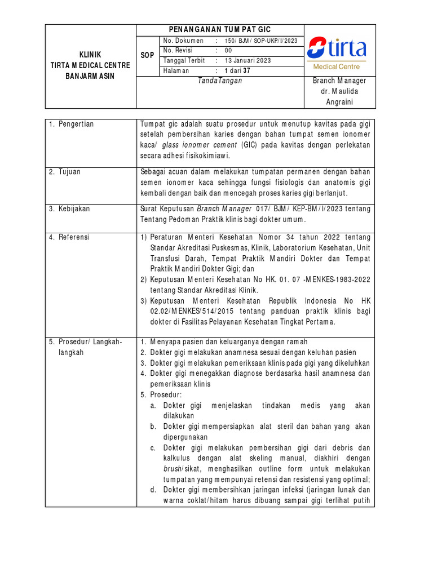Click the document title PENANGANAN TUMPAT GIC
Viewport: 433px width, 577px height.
click(220, 30)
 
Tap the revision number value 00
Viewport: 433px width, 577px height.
click(228, 51)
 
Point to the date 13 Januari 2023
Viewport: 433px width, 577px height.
click(248, 60)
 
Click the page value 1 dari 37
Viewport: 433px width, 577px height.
click(237, 70)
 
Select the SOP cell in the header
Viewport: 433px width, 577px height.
click(147, 55)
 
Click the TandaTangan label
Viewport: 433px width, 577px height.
click(220, 81)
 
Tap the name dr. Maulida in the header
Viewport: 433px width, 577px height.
click(339, 91)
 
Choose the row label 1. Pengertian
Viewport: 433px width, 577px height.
click(71, 124)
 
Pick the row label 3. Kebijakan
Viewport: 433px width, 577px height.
click(70, 209)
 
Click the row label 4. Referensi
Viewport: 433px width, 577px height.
click(69, 237)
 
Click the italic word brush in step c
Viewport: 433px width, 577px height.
click(173, 469)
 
